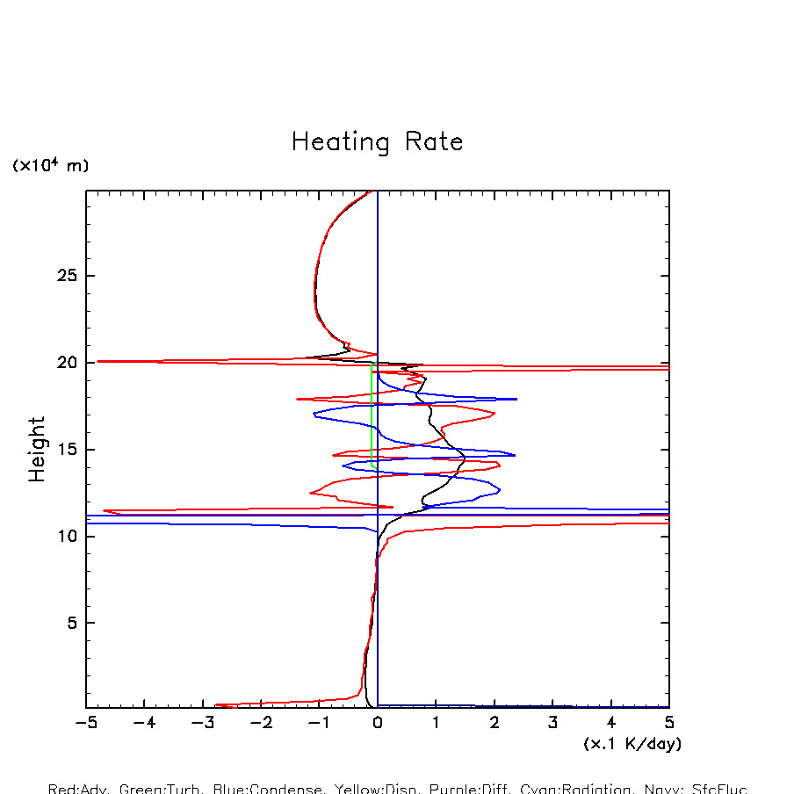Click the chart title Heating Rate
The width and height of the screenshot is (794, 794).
(x=377, y=142)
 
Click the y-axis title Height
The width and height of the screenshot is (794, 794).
(x=37, y=450)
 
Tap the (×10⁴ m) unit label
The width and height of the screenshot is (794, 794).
(x=50, y=165)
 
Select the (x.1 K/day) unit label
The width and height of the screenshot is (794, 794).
(x=632, y=743)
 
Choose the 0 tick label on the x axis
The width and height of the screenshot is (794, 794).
(x=378, y=724)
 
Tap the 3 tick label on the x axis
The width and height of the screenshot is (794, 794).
(x=553, y=724)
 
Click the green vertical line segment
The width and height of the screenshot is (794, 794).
(x=372, y=413)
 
